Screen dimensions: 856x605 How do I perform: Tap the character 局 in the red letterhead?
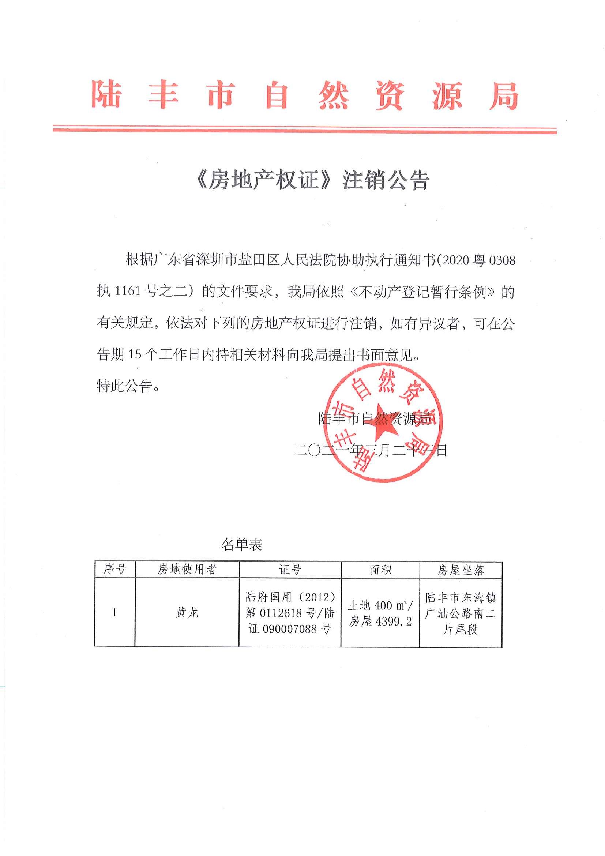tap(504, 95)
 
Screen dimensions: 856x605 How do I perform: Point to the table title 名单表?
tap(241, 545)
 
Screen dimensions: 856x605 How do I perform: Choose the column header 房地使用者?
tap(187, 569)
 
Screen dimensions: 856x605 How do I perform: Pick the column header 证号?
tap(290, 570)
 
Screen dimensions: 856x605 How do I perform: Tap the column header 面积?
tap(380, 570)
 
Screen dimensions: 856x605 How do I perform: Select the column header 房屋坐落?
tap(461, 570)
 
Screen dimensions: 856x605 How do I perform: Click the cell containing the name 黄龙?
tap(187, 612)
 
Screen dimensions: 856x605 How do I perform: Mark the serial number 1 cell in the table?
tap(114, 612)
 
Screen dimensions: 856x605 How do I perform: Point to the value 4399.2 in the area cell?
tap(394, 621)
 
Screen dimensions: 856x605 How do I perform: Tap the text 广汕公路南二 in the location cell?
tap(461, 613)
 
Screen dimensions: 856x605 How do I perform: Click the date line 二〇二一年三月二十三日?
tap(370, 450)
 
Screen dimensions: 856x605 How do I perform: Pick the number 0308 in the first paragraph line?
tap(502, 259)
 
